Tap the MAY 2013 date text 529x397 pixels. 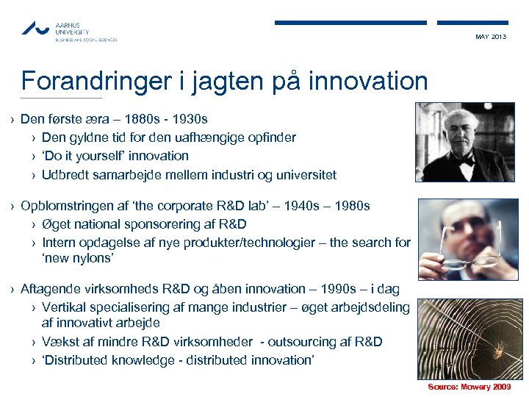click(x=491, y=37)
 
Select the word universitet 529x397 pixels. click(x=303, y=175)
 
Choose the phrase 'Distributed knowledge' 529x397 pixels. click(x=102, y=360)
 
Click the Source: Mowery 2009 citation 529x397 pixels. click(x=469, y=387)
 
